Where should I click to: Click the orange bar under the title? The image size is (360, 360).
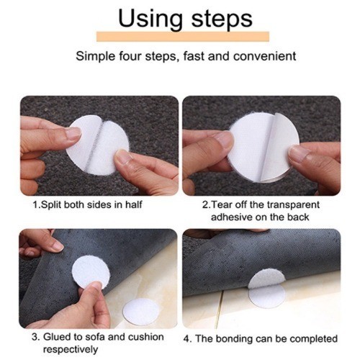[x=183, y=37]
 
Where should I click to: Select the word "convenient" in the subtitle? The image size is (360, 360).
[x=265, y=56]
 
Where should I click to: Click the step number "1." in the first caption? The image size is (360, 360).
[x=37, y=204]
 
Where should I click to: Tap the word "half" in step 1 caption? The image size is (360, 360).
[x=134, y=204]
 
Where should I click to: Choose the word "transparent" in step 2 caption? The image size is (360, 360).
[x=293, y=205]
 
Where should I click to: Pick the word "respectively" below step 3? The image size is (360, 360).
[x=71, y=349]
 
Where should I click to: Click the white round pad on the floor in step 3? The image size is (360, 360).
[x=141, y=311]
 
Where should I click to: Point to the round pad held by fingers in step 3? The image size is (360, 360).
[x=91, y=272]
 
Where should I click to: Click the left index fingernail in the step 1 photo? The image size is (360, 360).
[x=73, y=133]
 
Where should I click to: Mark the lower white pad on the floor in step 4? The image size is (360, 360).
[x=267, y=297]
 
